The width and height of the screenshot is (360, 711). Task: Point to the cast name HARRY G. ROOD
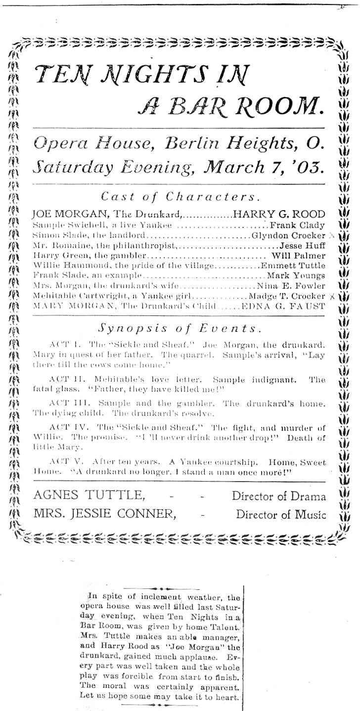(x=279, y=214)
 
